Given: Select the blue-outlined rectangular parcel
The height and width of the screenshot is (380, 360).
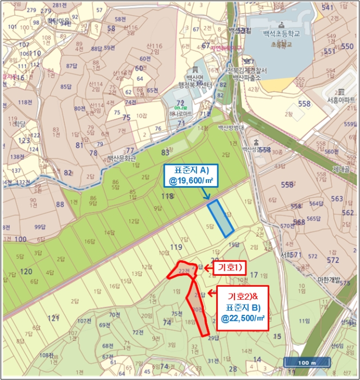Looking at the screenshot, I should coord(221,218).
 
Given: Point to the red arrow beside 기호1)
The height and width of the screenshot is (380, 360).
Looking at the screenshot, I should coord(207,267).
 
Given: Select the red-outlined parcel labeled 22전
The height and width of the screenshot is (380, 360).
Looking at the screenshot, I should coord(184,270).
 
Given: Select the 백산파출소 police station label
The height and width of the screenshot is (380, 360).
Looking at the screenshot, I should coord(248,78).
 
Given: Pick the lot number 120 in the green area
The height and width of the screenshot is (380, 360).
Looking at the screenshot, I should coord(25,271).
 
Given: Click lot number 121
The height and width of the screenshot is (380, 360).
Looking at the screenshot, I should coord(53,318).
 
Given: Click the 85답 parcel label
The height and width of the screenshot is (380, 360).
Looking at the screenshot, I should coord(66,86).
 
